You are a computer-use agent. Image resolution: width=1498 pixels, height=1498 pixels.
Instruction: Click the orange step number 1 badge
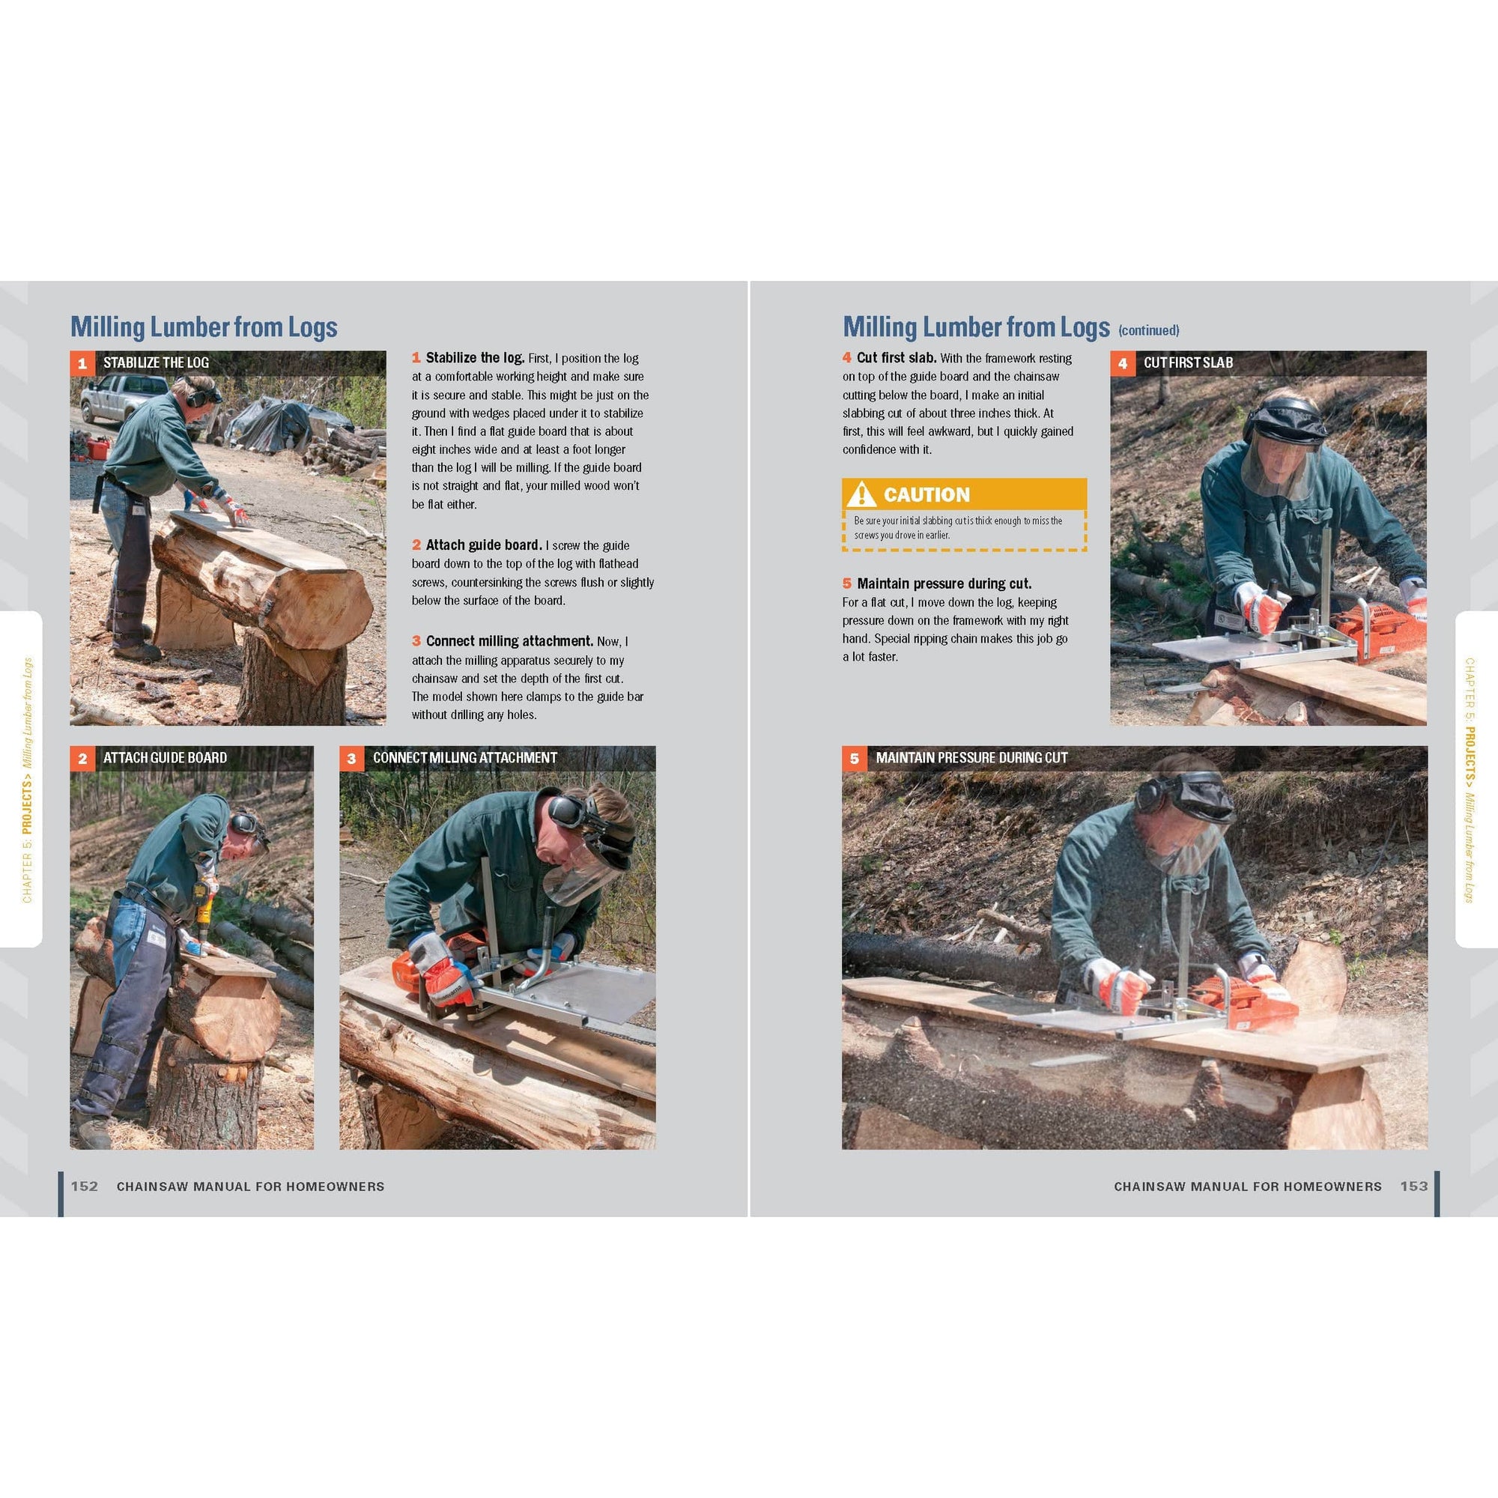coord(82,363)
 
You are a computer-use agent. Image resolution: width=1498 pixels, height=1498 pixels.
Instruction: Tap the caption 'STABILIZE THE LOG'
coord(156,363)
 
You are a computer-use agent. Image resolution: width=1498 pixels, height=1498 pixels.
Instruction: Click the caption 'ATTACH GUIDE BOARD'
coord(164,757)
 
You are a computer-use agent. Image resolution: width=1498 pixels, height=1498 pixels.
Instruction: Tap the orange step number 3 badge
coord(352,758)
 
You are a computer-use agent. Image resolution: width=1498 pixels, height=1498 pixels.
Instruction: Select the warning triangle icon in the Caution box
coord(861,494)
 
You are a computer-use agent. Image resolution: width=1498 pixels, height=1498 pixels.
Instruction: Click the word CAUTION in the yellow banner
coord(926,494)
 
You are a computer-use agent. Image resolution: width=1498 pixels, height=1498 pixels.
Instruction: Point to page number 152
coord(85,1186)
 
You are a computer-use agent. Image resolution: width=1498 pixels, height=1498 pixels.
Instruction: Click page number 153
coord(1413,1186)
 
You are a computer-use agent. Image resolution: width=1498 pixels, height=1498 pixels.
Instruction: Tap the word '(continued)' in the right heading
coord(1148,330)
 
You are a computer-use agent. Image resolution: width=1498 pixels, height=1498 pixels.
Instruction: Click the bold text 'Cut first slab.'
coord(896,358)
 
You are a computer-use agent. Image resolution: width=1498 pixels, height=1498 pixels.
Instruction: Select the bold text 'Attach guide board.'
coord(483,545)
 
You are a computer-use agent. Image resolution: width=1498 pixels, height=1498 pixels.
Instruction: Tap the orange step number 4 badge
coord(1122,363)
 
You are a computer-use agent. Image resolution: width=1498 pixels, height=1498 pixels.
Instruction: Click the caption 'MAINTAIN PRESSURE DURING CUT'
coord(971,757)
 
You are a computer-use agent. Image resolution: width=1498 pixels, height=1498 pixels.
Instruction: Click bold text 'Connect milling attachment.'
coord(509,641)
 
